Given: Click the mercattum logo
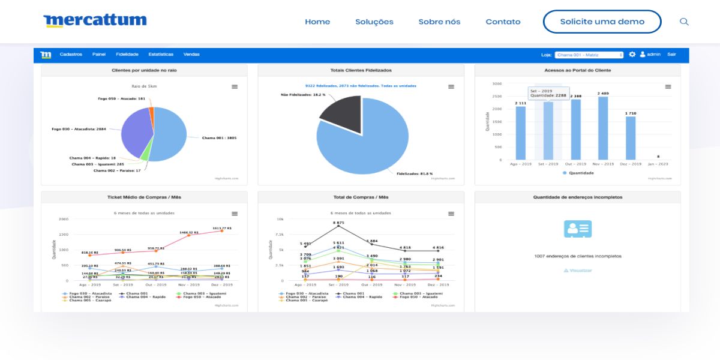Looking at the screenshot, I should [x=95, y=21].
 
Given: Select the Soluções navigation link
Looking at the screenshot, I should [x=374, y=22].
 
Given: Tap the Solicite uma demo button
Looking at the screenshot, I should [x=602, y=22].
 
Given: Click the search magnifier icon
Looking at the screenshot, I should [x=684, y=22].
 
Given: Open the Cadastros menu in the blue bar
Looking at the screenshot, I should [x=71, y=55].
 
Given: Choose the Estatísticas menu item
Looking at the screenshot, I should [x=161, y=55].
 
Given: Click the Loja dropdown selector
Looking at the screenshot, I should [x=589, y=55].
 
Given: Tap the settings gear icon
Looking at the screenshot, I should [x=632, y=55].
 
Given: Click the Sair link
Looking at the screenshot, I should [x=671, y=55].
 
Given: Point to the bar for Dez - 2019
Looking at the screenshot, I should [x=631, y=138].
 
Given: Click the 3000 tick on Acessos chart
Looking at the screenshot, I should [x=497, y=84].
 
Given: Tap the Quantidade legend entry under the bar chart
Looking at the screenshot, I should [x=578, y=173].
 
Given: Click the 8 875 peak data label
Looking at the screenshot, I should [x=339, y=223].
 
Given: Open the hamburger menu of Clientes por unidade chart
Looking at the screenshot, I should [x=235, y=87].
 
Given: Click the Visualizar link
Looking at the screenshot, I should [x=578, y=271].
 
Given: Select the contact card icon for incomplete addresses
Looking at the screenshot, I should [x=578, y=229].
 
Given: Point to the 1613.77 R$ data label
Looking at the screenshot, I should [x=221, y=228].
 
